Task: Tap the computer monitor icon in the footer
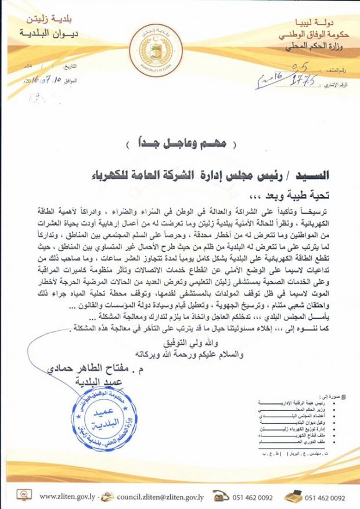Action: (x=24, y=496)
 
